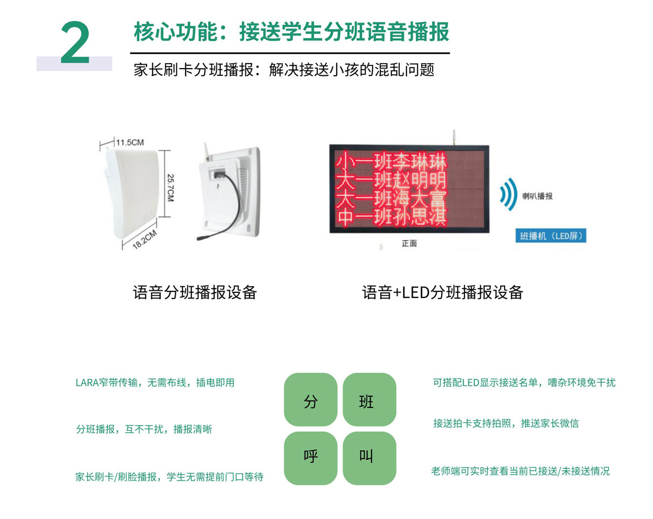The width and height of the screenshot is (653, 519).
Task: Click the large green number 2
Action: coord(75,42)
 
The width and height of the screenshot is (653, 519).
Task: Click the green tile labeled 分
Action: coord(311,400)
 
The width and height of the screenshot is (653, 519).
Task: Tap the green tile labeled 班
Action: coord(369,400)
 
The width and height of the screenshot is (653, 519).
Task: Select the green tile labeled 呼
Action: coord(311,458)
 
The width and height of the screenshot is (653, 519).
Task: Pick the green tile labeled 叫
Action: coord(369,458)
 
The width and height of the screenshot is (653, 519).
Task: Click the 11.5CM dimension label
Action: coord(130,142)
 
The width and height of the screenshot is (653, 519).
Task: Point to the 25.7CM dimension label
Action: coord(170,188)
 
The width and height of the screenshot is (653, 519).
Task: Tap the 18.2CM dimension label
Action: coord(144,239)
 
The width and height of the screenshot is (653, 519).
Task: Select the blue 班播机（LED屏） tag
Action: coord(550,236)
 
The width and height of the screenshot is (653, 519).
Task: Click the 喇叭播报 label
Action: coord(537,196)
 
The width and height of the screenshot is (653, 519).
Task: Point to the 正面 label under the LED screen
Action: coord(409,243)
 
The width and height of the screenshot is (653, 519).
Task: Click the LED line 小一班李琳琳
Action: coord(391,161)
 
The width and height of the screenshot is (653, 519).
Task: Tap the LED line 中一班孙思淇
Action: coord(391,217)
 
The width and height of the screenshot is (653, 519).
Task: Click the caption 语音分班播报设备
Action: coord(195,292)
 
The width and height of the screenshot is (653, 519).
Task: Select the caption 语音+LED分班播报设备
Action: coord(443,292)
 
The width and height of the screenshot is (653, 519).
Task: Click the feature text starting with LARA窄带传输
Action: coord(155,383)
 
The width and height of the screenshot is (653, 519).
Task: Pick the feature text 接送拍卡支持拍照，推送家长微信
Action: coord(506,424)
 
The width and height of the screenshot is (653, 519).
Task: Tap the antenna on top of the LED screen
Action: coord(454,137)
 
